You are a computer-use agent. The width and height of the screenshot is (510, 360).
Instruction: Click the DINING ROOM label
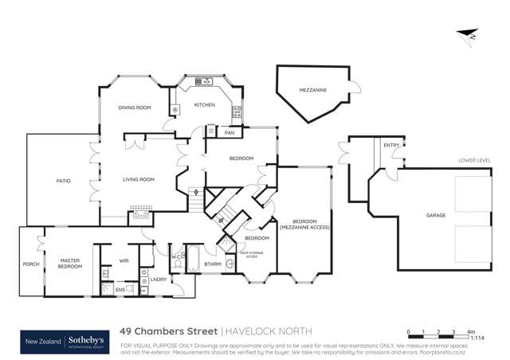[135, 108]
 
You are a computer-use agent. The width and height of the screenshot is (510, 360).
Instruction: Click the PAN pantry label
[229, 132]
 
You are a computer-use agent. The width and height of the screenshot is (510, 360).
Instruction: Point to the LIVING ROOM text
[137, 180]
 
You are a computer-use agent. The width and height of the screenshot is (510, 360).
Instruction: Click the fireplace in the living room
[142, 213]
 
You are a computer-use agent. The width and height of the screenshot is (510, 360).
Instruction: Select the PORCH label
[31, 264]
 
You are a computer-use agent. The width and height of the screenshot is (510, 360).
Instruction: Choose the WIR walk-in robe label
[124, 260]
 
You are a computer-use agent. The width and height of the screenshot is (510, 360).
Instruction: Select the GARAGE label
[435, 215]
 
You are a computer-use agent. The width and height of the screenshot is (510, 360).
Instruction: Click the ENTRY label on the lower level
[390, 145]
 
